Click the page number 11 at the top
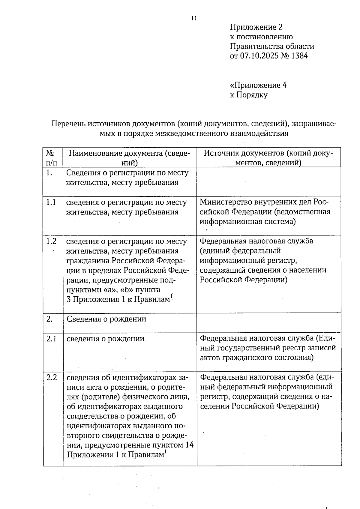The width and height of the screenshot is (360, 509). pyautogui.click(x=194, y=19)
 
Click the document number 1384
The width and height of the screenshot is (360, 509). pyautogui.click(x=299, y=56)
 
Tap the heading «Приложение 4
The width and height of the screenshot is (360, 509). pyautogui.click(x=258, y=85)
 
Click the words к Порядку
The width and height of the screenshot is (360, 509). pyautogui.click(x=249, y=95)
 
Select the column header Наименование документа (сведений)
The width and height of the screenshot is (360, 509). pyautogui.click(x=129, y=158)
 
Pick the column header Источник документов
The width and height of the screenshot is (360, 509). pyautogui.click(x=268, y=158)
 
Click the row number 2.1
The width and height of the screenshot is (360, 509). pyautogui.click(x=51, y=339)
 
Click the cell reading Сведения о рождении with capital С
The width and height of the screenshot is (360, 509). pyautogui.click(x=106, y=319)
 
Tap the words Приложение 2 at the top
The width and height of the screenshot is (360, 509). pyautogui.click(x=256, y=27)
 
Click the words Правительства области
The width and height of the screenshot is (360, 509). pyautogui.click(x=272, y=46)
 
